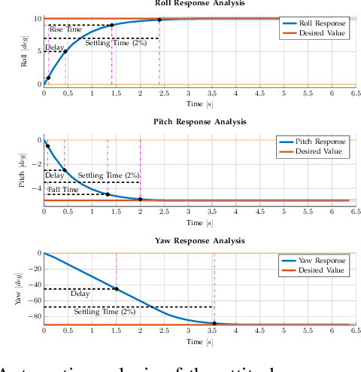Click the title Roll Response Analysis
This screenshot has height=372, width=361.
point(199,3)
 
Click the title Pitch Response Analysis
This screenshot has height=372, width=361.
point(199,121)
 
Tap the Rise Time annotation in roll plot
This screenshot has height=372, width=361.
point(65,31)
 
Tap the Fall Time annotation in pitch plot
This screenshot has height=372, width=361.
point(63,191)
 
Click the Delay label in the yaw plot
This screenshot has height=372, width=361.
point(80,294)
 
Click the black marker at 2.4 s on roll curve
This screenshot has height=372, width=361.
point(159,20)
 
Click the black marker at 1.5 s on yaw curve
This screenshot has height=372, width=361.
point(117,288)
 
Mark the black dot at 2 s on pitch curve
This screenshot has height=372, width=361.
point(140,199)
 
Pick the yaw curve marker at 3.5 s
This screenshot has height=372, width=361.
point(214,323)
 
